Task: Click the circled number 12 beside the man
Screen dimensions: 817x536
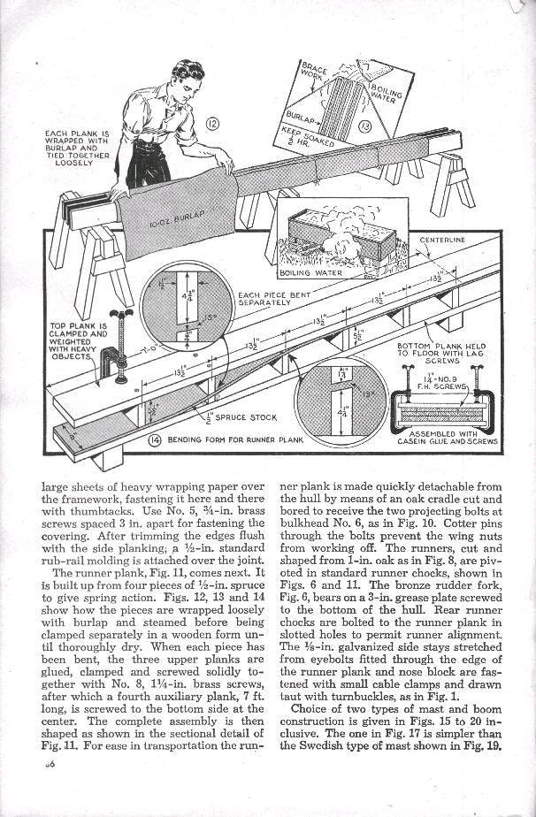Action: pos(211,122)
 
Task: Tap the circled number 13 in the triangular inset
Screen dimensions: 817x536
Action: pos(364,127)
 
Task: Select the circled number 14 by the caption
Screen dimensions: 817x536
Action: pos(154,439)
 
